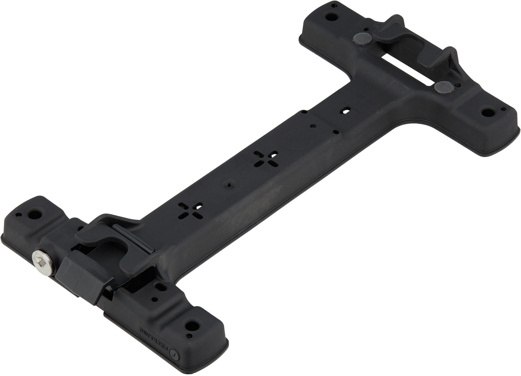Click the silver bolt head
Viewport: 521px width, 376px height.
42,262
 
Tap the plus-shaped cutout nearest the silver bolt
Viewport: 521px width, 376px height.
190,210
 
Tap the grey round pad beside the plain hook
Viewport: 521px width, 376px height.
362,39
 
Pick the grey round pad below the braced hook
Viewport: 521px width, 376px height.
444,87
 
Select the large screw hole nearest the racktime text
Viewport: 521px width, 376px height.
192,326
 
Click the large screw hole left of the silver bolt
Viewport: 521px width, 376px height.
35,214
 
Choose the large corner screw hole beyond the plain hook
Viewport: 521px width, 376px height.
331,17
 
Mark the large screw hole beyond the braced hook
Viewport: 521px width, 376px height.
488,112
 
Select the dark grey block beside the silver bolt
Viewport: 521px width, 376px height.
83,277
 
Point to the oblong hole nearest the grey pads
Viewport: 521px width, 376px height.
346,110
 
